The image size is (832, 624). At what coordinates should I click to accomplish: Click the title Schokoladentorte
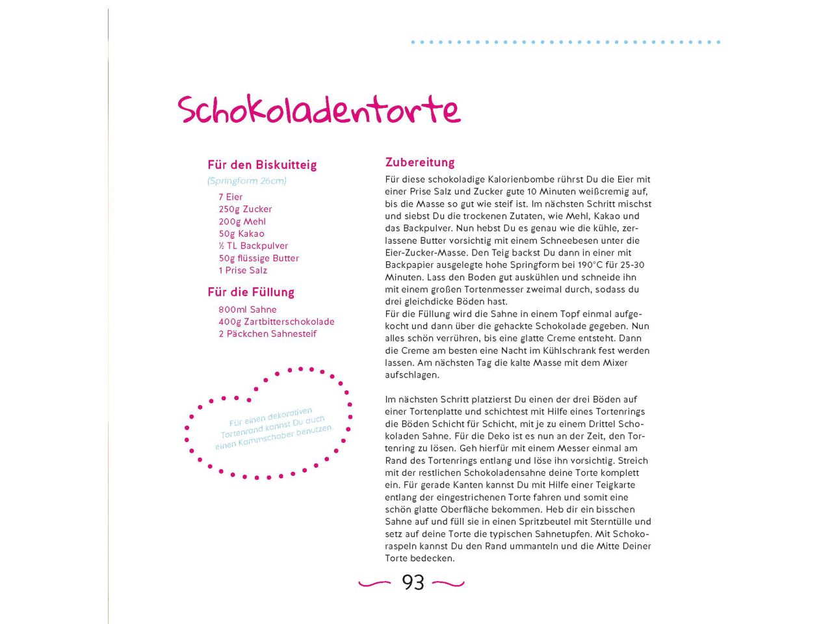319,110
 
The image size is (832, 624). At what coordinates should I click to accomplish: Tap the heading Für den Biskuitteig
262,164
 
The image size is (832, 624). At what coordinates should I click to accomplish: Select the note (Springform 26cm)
247,181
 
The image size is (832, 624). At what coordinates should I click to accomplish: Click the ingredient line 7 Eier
231,197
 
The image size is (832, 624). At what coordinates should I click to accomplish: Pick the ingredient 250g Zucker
245,209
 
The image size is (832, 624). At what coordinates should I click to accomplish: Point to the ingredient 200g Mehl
242,222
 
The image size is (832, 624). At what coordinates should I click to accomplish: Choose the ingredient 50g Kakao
241,234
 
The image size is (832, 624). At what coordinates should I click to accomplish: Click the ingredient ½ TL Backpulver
253,246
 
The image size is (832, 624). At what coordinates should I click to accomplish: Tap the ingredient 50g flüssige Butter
259,258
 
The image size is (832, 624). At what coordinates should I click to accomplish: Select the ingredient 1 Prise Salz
242,270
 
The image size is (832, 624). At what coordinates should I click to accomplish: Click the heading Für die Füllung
251,292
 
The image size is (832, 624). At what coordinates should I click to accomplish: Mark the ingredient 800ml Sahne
247,309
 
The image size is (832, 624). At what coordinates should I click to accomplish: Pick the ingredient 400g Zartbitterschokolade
276,322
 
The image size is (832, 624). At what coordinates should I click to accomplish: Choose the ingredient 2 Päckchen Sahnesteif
267,334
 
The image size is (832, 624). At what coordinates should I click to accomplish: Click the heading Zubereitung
420,162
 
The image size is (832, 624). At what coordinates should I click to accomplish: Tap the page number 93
413,582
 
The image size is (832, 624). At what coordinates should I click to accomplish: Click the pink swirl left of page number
374,584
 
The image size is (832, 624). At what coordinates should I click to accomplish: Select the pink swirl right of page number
448,584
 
